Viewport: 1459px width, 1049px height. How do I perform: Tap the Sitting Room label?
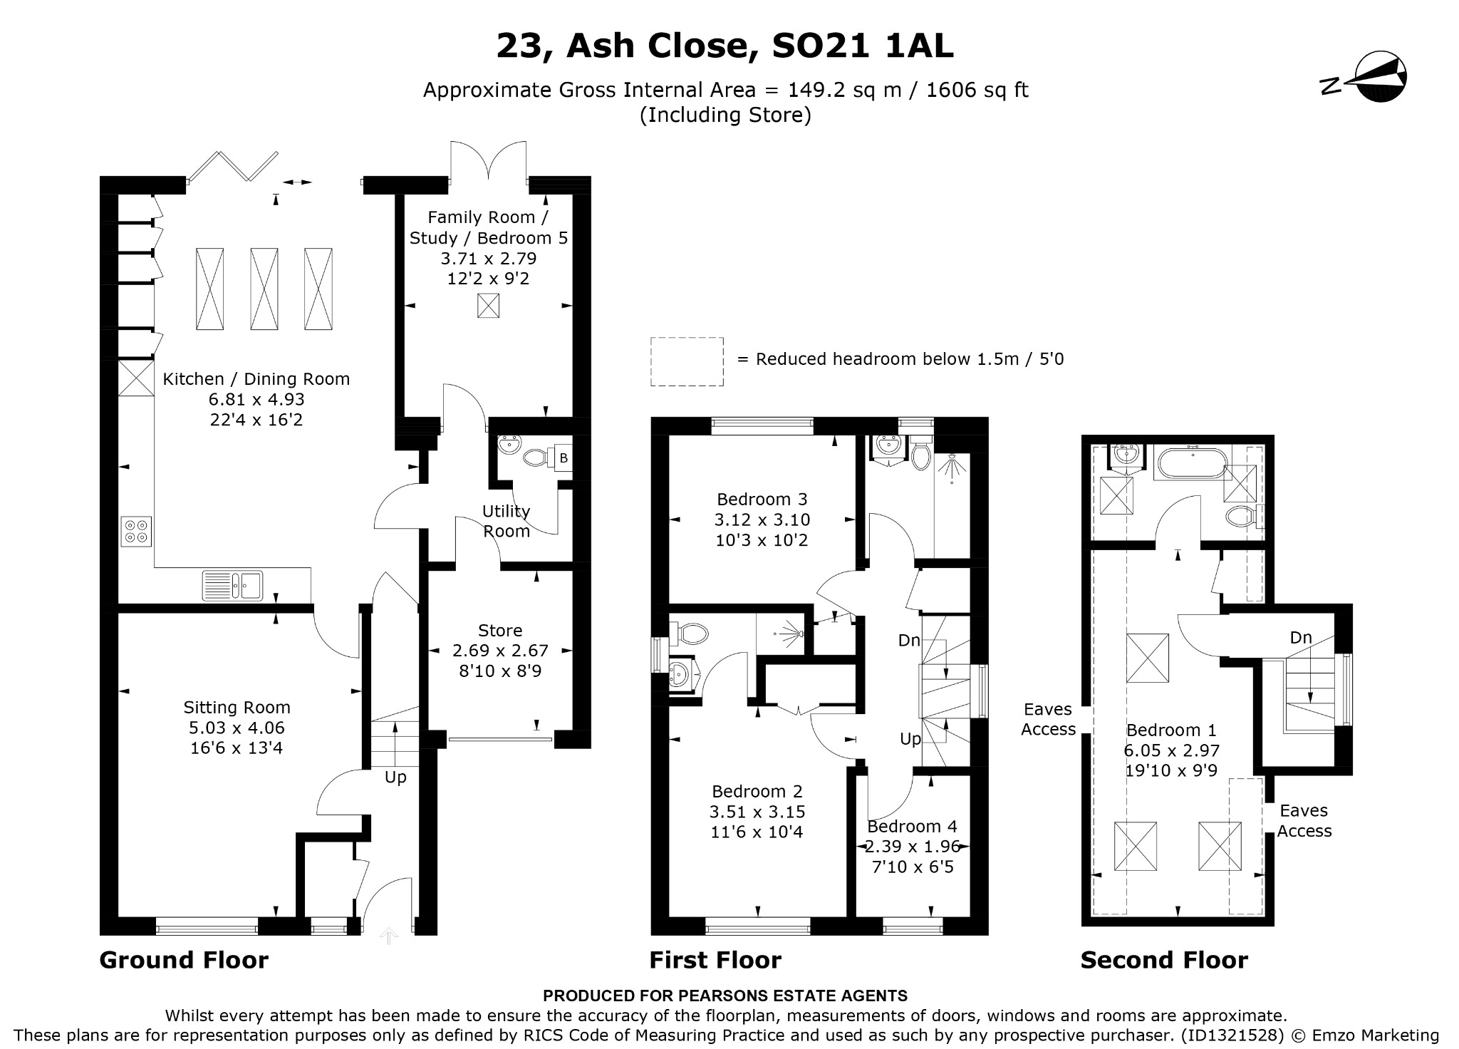click(237, 708)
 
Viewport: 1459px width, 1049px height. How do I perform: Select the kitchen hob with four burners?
click(136, 531)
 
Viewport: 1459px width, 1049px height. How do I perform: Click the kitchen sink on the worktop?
click(232, 586)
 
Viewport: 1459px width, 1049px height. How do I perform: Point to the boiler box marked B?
click(564, 458)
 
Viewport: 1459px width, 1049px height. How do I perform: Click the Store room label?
click(500, 631)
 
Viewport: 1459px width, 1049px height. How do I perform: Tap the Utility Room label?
click(507, 521)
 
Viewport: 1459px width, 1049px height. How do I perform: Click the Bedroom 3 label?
click(762, 499)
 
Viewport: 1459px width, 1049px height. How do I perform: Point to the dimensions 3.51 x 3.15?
click(757, 812)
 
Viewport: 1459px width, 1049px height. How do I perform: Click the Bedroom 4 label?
click(912, 827)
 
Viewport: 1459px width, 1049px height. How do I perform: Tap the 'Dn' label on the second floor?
click(1301, 638)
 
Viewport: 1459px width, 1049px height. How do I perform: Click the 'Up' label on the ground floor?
click(395, 777)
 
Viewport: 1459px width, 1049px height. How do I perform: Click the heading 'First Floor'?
click(715, 960)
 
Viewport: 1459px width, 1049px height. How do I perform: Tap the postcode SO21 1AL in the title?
click(863, 47)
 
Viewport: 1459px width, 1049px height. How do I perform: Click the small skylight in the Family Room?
click(489, 306)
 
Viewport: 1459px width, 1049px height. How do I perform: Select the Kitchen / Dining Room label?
click(256, 379)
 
